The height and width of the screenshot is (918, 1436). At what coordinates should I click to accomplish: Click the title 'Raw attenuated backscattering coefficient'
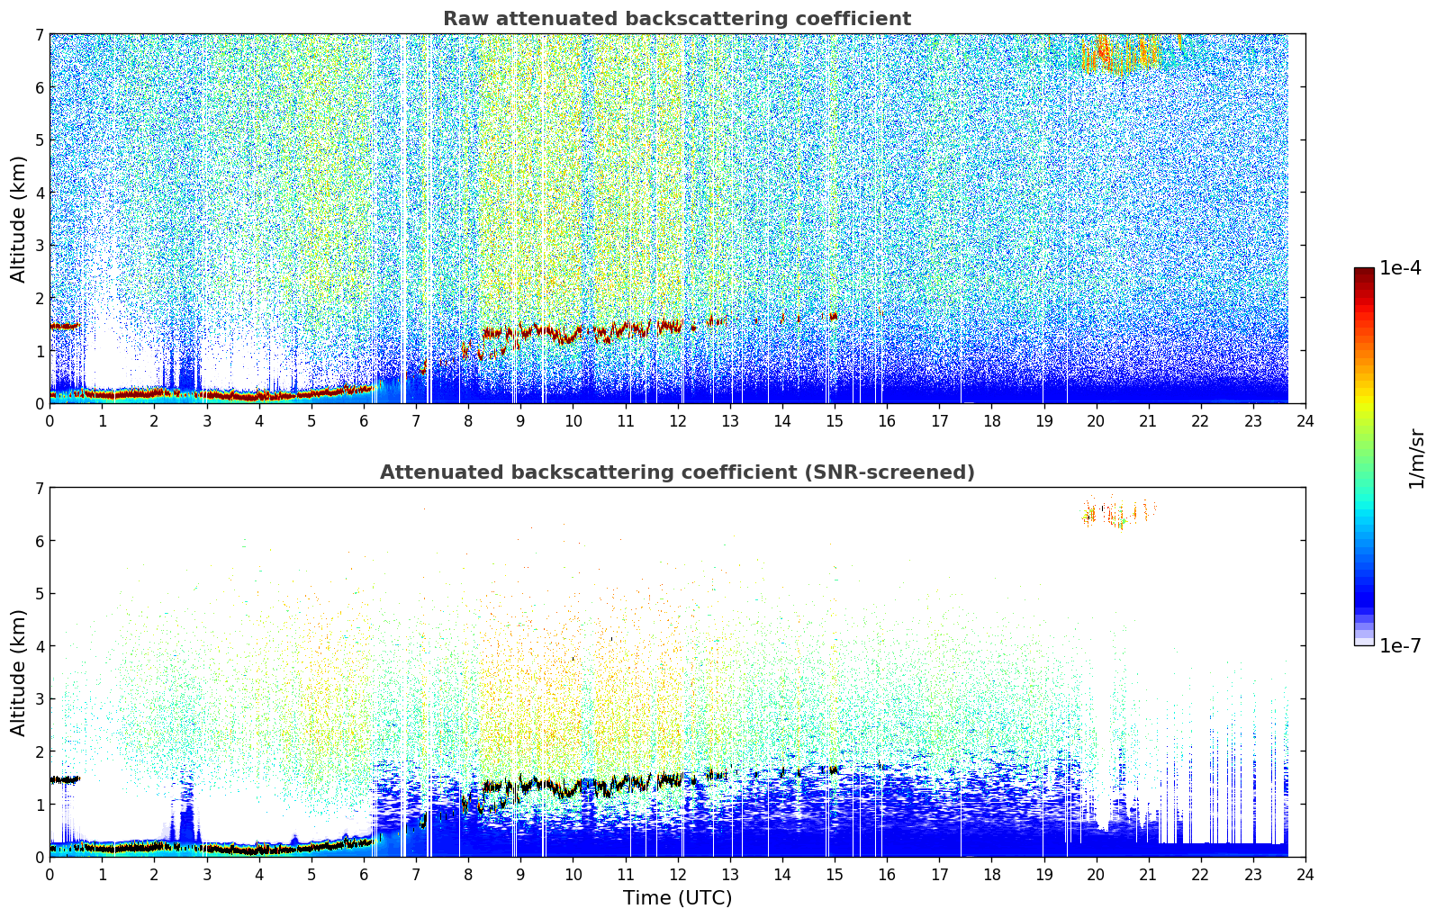tap(677, 19)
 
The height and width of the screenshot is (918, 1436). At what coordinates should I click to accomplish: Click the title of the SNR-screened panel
tap(677, 472)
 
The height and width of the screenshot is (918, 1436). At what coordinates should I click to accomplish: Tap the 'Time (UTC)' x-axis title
tap(677, 898)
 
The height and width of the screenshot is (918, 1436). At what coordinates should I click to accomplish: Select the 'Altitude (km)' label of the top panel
tap(18, 220)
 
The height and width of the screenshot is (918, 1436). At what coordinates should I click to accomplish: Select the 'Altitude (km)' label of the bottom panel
tap(18, 673)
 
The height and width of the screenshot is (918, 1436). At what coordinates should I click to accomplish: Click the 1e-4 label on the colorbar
tap(1400, 268)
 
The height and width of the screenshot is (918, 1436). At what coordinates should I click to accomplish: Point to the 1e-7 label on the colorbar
tap(1400, 645)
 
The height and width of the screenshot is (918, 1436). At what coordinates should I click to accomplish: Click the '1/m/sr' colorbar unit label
tap(1415, 459)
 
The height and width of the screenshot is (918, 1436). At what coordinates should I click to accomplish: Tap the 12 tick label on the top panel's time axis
tap(678, 421)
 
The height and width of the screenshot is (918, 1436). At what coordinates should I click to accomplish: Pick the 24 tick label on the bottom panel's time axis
tap(1305, 875)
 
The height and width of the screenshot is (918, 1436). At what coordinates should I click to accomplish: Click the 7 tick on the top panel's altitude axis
tap(40, 34)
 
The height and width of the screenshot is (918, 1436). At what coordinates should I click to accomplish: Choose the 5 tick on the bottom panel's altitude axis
tap(40, 594)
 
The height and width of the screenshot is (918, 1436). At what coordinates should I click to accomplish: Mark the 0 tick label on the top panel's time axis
tap(50, 421)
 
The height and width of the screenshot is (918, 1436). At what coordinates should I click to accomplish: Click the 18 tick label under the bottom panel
tap(992, 875)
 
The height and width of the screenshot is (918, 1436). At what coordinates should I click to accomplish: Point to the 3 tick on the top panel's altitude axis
tap(40, 246)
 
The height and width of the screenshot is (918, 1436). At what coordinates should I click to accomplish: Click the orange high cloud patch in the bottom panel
tap(1119, 513)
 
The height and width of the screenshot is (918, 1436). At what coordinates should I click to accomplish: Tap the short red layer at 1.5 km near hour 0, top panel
tap(64, 327)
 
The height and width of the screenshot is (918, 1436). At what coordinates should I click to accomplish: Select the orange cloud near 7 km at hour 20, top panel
tap(1119, 54)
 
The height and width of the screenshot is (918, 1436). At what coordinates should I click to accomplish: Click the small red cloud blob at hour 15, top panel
tap(833, 316)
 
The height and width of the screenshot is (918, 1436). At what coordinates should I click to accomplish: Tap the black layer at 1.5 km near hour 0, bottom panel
tap(64, 779)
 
